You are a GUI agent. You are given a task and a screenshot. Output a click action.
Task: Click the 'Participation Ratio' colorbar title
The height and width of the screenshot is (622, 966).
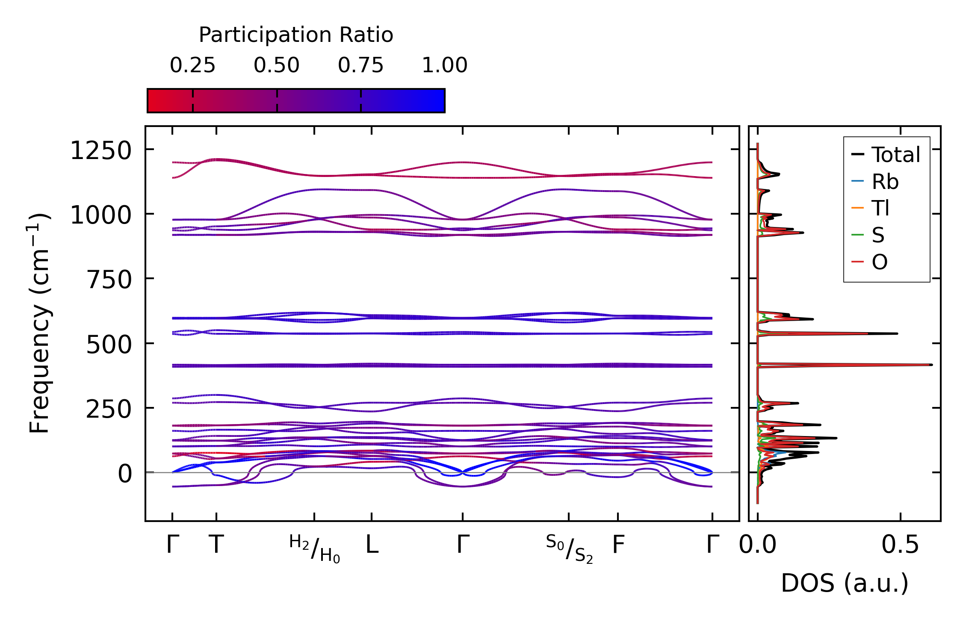coord(296,35)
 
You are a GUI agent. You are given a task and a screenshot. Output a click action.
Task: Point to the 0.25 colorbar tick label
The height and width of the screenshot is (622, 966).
coord(192,65)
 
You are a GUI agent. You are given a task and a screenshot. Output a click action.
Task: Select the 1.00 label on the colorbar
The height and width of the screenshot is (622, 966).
coord(444,65)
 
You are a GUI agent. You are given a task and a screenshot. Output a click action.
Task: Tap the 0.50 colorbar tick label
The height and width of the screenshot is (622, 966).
coord(276,65)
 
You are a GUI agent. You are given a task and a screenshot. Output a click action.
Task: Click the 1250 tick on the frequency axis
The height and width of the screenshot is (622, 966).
coord(101,151)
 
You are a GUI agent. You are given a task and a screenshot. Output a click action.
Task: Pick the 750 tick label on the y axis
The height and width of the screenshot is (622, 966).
coord(109,280)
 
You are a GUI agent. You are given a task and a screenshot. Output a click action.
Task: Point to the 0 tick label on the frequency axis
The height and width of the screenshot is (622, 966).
coord(125,474)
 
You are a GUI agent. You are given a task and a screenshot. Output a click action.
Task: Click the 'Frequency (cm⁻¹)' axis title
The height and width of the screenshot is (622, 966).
coord(40,323)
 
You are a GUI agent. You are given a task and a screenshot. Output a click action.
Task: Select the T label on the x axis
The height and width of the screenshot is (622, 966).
coord(216,545)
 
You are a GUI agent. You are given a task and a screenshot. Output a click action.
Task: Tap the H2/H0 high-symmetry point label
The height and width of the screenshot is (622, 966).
coord(314,549)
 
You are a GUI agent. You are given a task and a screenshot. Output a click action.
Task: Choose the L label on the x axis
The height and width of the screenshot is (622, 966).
coord(372,545)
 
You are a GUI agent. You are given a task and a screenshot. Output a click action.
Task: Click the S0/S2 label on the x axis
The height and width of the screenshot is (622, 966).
coord(569,549)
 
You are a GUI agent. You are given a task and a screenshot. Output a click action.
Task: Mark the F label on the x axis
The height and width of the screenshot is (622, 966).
coord(618,545)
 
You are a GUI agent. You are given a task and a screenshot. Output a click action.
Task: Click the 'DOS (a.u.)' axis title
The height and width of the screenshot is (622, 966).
coord(845,583)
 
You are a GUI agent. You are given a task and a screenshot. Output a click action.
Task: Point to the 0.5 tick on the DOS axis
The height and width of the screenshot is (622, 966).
coord(900,545)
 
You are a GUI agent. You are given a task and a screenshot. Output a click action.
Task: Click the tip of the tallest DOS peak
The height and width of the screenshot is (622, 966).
coord(931,365)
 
